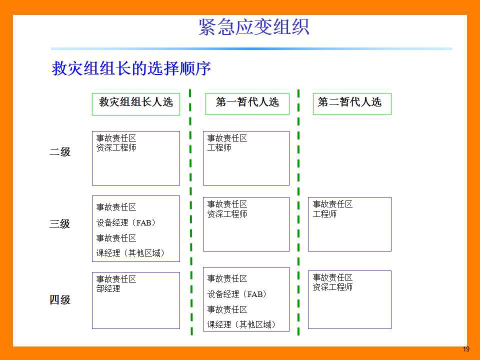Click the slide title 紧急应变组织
(x=254, y=27)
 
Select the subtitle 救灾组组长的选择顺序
(x=131, y=68)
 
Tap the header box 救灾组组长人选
(x=136, y=104)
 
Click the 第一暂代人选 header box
(x=247, y=104)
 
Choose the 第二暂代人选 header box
(x=352, y=104)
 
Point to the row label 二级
(x=60, y=151)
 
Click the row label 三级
(x=60, y=223)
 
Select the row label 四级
(x=60, y=299)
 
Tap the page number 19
(x=466, y=349)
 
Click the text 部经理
(x=108, y=288)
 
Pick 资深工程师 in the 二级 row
(x=116, y=147)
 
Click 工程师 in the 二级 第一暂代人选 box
(x=219, y=147)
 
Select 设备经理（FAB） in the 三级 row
(x=126, y=222)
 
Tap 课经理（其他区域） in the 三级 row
(x=130, y=253)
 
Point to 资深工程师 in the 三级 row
(x=227, y=214)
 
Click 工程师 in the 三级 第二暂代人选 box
(x=324, y=214)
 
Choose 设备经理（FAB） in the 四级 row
(x=237, y=294)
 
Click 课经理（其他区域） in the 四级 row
(x=242, y=324)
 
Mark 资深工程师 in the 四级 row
(x=333, y=287)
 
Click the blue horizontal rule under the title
(x=251, y=48)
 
